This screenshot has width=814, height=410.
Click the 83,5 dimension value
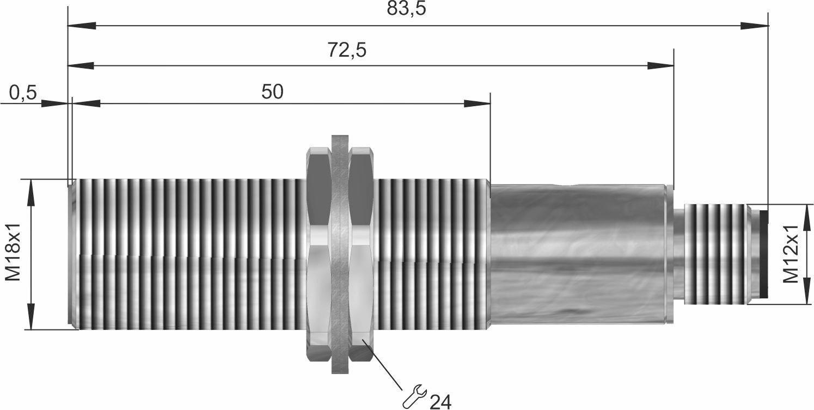[x=406, y=8]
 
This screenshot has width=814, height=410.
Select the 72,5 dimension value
[x=347, y=50]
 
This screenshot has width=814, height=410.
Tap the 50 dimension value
[x=272, y=91]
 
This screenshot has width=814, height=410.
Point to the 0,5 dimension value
[x=23, y=93]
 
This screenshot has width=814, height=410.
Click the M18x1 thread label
[x=14, y=252]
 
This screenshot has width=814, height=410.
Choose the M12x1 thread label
[x=791, y=253]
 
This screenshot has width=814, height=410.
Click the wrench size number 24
[x=440, y=402]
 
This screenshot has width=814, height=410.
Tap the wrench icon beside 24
[x=415, y=396]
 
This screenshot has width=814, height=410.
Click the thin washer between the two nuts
[x=340, y=254]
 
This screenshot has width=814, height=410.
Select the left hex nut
[x=319, y=254]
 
